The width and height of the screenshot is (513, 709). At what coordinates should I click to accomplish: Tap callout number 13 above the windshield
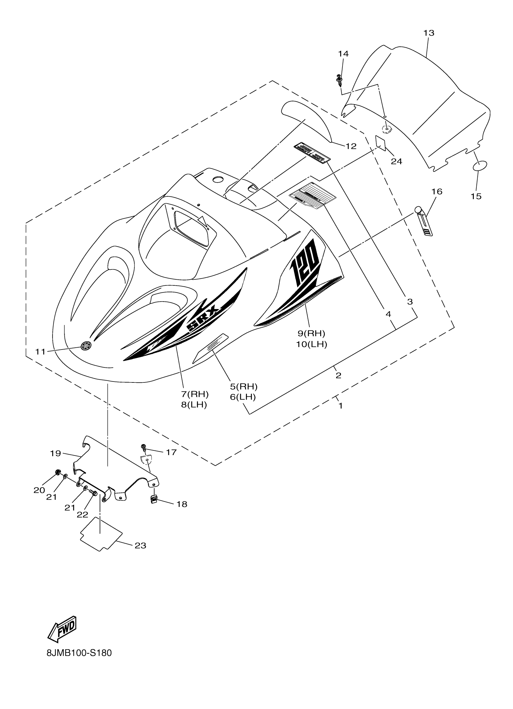click(x=429, y=33)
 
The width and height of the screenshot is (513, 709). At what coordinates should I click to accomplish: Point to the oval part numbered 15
click(x=480, y=166)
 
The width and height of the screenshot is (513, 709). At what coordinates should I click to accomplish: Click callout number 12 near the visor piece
click(x=351, y=146)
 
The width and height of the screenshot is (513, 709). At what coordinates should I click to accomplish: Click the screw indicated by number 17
click(x=144, y=447)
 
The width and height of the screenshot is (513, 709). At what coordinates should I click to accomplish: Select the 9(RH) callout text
click(x=311, y=333)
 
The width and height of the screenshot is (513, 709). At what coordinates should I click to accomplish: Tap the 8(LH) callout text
click(x=194, y=405)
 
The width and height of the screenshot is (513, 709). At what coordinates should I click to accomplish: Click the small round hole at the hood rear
click(x=218, y=180)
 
